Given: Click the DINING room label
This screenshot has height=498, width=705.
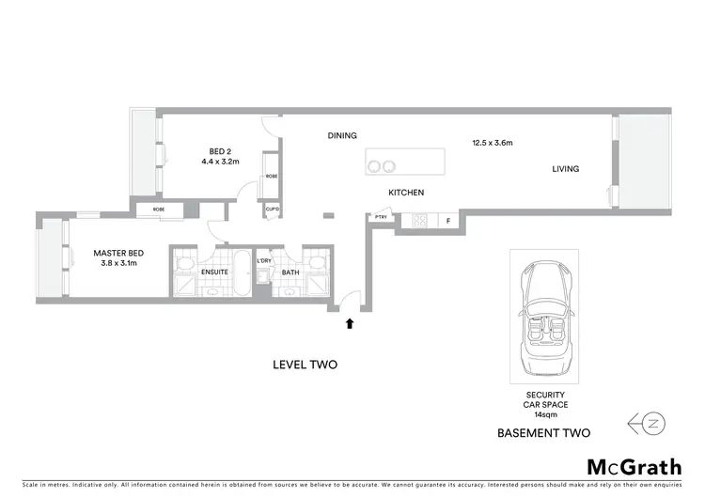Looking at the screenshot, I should point(342,135).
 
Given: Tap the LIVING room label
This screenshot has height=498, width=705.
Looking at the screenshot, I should point(565,169).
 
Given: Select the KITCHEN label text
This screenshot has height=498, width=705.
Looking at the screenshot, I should point(406,193).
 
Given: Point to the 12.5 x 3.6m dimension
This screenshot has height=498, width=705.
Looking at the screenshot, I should point(492,143).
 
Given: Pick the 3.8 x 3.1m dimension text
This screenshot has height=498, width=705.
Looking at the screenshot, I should point(117,264).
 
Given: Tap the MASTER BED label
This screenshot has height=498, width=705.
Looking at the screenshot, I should point(117,253).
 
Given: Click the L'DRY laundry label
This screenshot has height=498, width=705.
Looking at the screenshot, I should point(264,260).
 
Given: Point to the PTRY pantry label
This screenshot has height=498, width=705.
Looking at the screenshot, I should point(381,218).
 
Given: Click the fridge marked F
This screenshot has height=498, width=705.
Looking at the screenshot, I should point(448,222).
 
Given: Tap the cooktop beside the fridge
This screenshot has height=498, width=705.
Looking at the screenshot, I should point(419,222).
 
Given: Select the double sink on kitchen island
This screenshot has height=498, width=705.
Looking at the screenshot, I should point(382,166).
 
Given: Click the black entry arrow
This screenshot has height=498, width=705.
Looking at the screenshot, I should point(350,323).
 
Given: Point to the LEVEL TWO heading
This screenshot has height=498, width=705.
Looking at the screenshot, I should point(304,365).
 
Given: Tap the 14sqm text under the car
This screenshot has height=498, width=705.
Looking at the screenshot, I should point(544,413).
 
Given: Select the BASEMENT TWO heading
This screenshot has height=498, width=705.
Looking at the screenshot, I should point(544,433).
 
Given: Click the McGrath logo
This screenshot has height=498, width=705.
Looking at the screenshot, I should point(634,466).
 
